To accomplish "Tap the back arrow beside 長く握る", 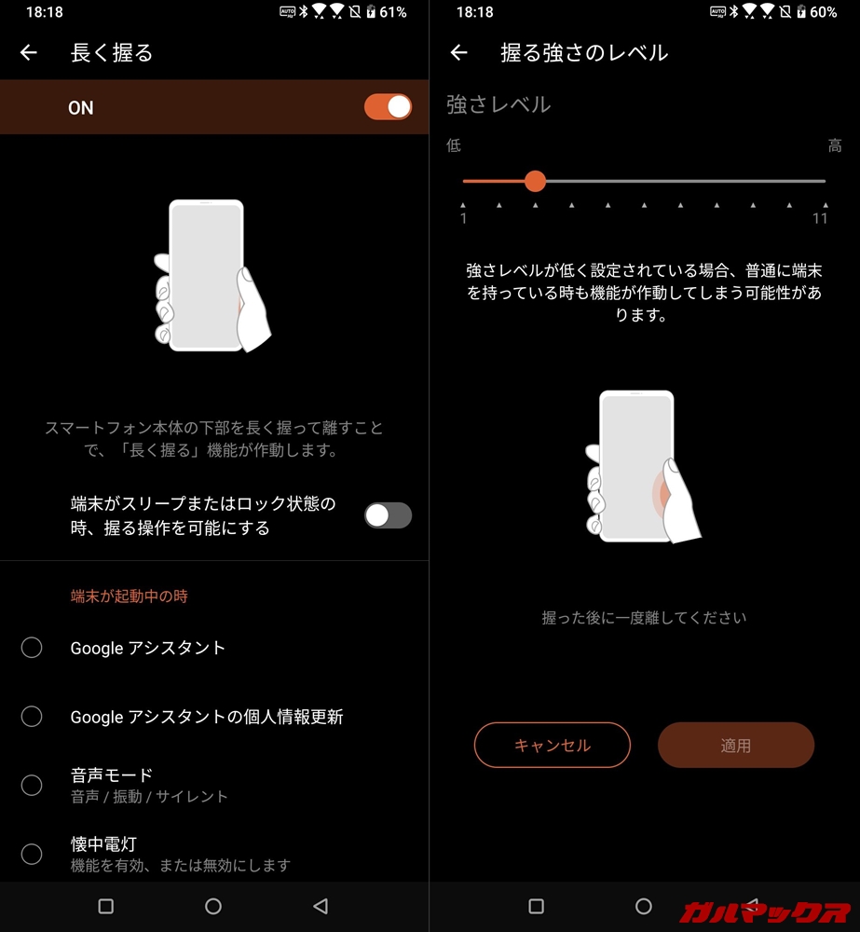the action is (29, 53).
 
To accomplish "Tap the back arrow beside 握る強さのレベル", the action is (458, 53).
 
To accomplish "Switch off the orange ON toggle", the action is (389, 107).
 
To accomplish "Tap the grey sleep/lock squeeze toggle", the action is (389, 515).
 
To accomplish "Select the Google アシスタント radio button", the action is (32, 648).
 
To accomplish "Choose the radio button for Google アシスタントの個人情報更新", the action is (32, 716).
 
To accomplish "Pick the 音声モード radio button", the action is (32, 785).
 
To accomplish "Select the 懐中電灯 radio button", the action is (32, 854).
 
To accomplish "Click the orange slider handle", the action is (536, 181).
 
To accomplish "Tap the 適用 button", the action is (736, 745).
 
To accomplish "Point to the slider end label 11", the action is (820, 219).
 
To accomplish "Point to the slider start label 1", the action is (464, 219).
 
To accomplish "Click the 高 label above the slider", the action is (835, 145).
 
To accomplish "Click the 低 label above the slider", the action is (454, 145).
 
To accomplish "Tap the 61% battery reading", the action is (393, 12).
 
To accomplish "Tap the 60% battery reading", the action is (823, 12).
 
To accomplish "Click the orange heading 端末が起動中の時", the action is (129, 596).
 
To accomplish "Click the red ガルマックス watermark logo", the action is (766, 912).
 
